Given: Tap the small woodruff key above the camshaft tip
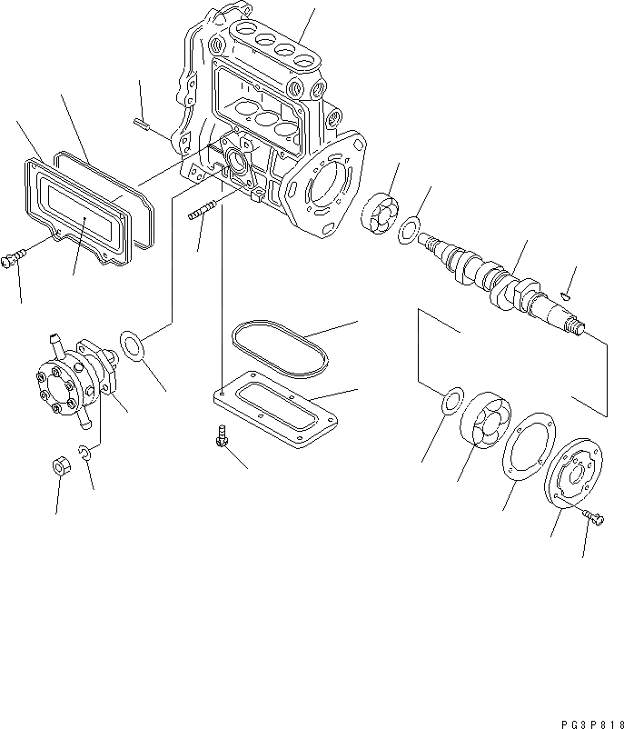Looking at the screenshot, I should pyautogui.click(x=565, y=294).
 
